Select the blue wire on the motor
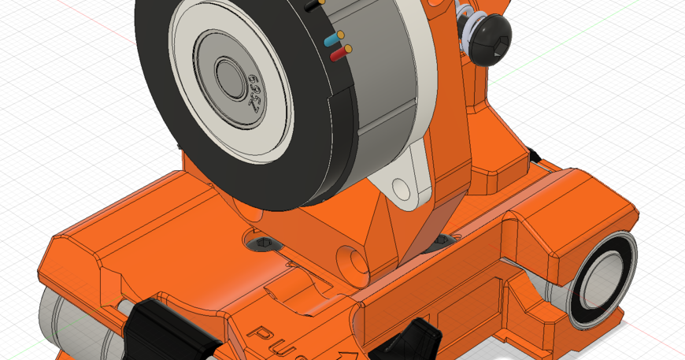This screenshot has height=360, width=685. click(x=331, y=39)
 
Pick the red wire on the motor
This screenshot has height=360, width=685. click(x=338, y=56)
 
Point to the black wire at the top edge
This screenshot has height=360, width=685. click(x=312, y=5)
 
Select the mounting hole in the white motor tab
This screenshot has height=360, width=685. click(x=402, y=187)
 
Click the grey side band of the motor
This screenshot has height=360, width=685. click(x=386, y=79)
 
